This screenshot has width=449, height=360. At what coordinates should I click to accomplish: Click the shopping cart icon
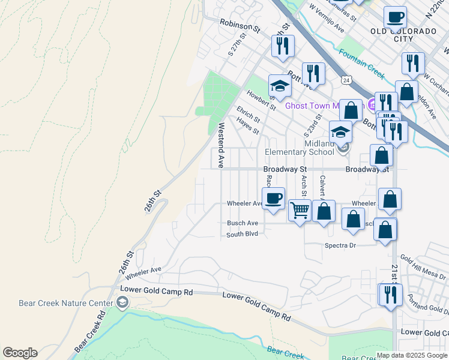[300, 211]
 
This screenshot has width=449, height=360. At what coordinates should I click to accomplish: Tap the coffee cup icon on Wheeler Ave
[273, 198]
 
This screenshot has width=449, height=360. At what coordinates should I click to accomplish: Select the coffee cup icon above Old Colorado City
[395, 17]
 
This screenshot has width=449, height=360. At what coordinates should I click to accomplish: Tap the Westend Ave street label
[221, 145]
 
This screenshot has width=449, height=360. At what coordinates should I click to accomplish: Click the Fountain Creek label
[361, 62]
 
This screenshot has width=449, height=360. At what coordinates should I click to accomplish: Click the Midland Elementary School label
[319, 148]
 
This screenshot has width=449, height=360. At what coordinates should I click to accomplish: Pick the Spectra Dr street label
[340, 245]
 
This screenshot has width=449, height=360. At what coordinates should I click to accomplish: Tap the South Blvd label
[242, 234]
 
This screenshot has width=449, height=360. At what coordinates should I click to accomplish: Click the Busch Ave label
[242, 223]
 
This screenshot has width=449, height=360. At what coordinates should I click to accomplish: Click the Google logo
[20, 353]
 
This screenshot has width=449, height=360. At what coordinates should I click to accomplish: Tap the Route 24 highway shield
[346, 79]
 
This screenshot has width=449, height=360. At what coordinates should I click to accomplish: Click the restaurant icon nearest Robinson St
[283, 46]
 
